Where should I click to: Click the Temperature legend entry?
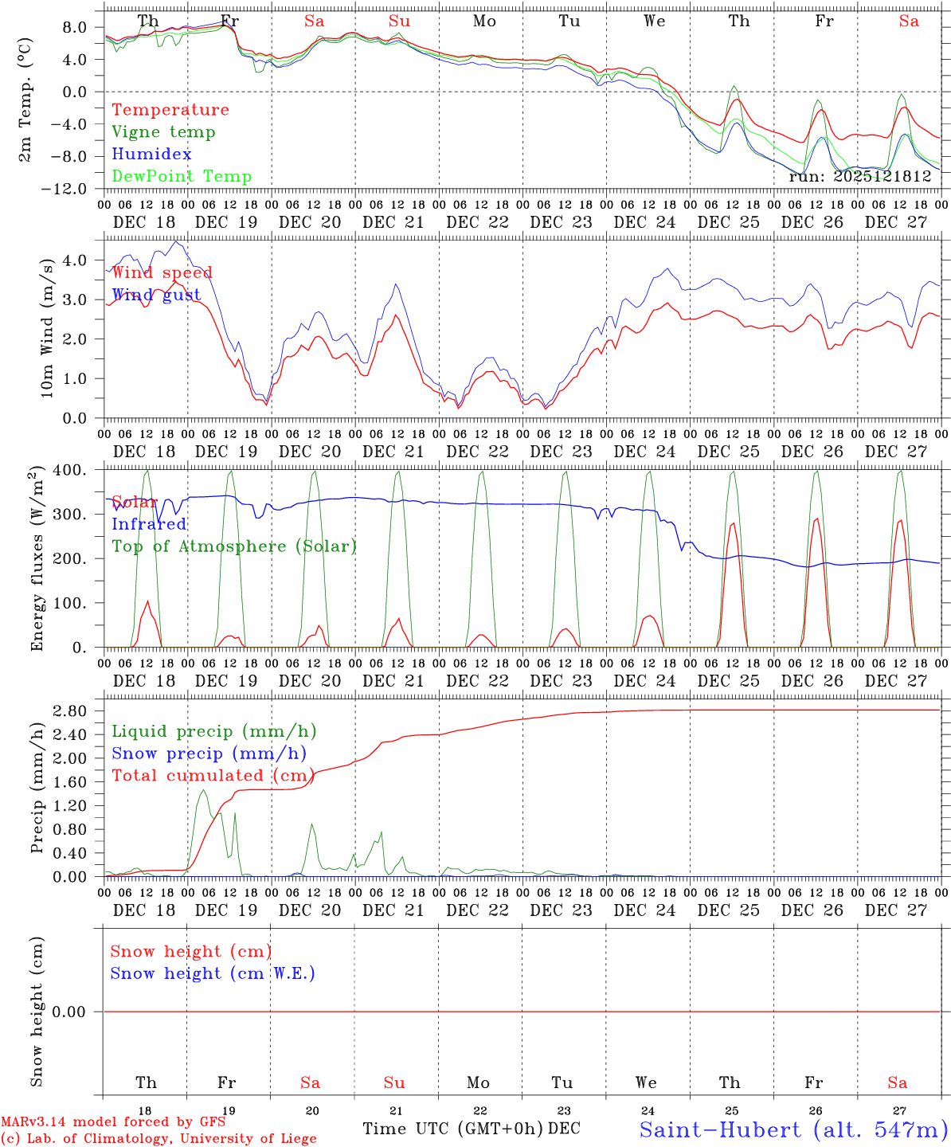pyautogui.click(x=170, y=110)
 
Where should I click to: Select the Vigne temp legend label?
pyautogui.click(x=163, y=132)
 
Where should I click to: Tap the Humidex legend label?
pyautogui.click(x=151, y=155)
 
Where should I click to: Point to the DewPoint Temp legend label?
pyautogui.click(x=182, y=177)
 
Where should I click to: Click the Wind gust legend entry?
pyautogui.click(x=156, y=295)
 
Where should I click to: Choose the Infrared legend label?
pyautogui.click(x=149, y=524)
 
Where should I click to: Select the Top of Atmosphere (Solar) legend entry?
pyautogui.click(x=234, y=546)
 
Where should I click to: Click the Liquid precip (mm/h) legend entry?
pyautogui.click(x=214, y=731)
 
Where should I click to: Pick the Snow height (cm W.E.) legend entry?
pyautogui.click(x=213, y=973)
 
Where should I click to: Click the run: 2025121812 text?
pyautogui.click(x=859, y=176)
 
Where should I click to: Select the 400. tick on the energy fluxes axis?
pyautogui.click(x=69, y=471)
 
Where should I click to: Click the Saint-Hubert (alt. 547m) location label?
pyautogui.click(x=793, y=1129)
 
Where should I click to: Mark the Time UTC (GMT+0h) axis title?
pyautogui.click(x=452, y=1129)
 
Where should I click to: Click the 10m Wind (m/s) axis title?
pyautogui.click(x=49, y=327)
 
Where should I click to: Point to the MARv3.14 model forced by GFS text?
pyautogui.click(x=113, y=1122)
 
